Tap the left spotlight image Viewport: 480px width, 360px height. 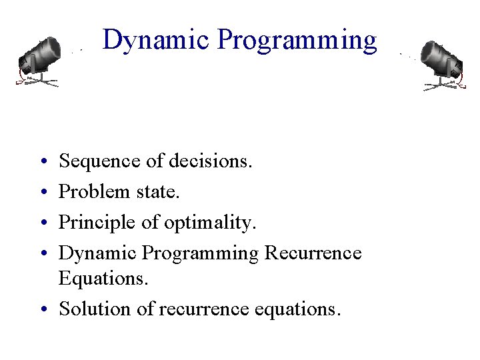39,61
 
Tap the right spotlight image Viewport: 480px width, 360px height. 441,64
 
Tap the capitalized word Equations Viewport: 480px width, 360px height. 103,279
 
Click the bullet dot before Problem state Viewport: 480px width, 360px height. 42,193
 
